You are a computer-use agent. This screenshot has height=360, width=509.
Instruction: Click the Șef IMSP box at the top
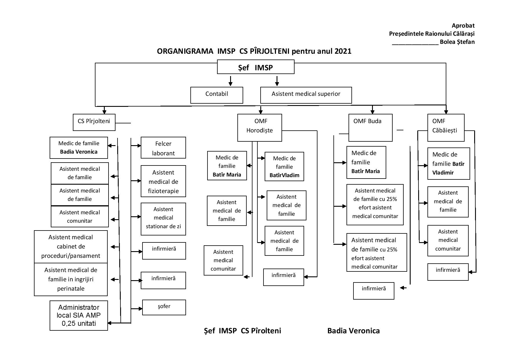256,67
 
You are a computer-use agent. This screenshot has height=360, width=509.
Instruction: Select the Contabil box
216,95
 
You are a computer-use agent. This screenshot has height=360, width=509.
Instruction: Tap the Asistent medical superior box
306,95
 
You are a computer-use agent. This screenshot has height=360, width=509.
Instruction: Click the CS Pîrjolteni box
94,122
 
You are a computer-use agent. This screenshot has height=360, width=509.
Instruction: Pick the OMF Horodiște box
259,127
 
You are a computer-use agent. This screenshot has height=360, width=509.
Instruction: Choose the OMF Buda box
370,127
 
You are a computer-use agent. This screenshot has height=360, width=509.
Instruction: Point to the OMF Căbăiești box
446,127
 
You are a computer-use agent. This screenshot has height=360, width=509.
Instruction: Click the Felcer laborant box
163,148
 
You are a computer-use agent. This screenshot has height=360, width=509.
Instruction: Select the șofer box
164,307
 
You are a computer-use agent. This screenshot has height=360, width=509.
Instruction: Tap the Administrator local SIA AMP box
79,315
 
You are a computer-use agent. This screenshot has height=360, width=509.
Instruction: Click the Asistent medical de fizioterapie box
163,181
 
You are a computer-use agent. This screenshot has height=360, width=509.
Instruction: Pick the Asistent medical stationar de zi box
163,219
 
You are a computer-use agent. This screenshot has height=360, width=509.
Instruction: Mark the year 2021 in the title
343,51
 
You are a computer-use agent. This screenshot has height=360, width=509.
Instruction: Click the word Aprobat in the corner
463,26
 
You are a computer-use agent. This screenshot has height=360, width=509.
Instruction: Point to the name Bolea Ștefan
457,42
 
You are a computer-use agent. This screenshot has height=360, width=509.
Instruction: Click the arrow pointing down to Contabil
230,81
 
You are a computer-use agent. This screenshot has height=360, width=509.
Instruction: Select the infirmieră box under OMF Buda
373,291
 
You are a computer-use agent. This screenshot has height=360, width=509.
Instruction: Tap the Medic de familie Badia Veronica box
79,147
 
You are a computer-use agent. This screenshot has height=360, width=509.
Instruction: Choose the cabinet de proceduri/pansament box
71,246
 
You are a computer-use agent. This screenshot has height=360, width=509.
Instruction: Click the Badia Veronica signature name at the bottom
353,331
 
